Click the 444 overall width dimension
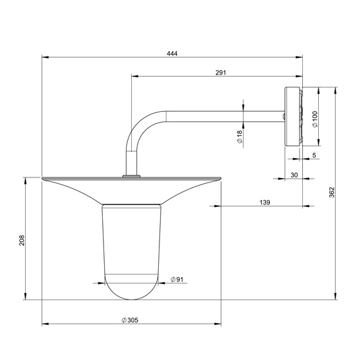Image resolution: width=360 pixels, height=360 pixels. pos(172,53)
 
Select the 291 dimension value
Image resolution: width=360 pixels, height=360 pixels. pos(221,73)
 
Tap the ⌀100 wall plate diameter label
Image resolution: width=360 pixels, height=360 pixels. pos(315,119)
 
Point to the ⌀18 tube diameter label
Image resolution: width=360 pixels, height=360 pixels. pos(239,137)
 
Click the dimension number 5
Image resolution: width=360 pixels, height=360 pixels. pos(314,155)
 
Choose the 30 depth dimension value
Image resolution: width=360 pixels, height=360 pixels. pos(294,175)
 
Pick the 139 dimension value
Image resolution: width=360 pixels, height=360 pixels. pos(265,203)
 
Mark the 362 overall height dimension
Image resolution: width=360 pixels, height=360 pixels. pos(332,192)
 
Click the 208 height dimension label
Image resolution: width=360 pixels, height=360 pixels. pos(22,240)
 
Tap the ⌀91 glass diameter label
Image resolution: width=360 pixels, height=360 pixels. pos(177,280)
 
